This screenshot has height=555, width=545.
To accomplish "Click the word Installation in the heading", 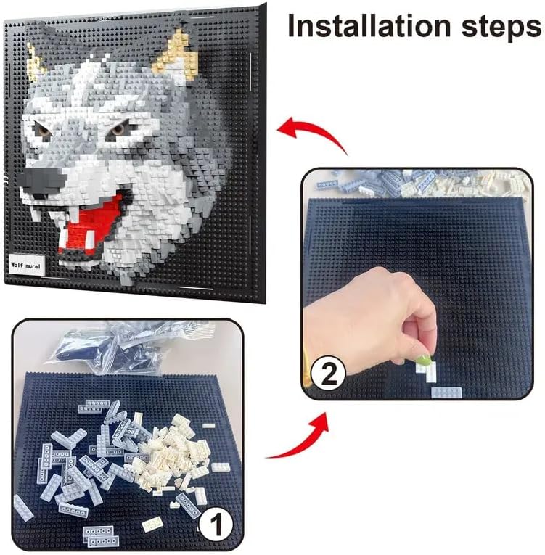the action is click(x=369, y=26).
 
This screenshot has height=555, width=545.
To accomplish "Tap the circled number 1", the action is click(x=216, y=525).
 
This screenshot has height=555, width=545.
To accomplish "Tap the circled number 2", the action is click(x=327, y=374).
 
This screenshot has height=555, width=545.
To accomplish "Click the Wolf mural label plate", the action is click(x=26, y=264).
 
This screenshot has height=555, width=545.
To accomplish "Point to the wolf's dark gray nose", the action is click(x=41, y=181).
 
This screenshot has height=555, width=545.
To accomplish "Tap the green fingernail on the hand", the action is click(x=424, y=361).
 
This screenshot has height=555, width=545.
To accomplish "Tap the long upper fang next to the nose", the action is click(x=74, y=213).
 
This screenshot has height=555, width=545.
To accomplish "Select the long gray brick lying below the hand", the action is click(x=446, y=392).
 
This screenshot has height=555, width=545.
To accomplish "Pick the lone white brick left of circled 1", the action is click(x=152, y=525).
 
